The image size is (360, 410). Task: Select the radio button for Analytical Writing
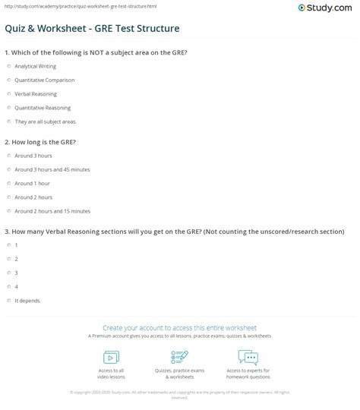pyautogui.click(x=8, y=66)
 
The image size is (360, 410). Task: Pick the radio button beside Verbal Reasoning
pyautogui.click(x=8, y=93)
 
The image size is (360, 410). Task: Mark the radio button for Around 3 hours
pyautogui.click(x=8, y=156)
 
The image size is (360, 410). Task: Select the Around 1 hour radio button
pyautogui.click(x=8, y=183)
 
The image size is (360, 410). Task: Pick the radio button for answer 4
pyautogui.click(x=8, y=286)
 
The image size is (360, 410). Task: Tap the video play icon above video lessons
pyautogui.click(x=111, y=357)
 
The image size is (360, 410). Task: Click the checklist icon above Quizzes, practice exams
pyautogui.click(x=180, y=357)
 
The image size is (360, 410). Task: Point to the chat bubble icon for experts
pyautogui.click(x=248, y=357)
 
